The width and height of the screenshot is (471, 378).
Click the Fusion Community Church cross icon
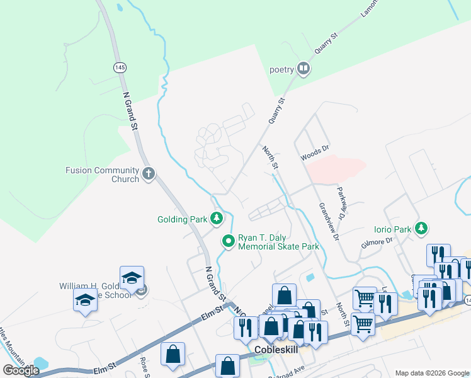tap(149, 174)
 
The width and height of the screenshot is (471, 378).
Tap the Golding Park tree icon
tap(217, 219)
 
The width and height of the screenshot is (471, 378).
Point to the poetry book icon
tap(304, 69)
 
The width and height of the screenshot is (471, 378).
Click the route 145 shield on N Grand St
tap(119, 67)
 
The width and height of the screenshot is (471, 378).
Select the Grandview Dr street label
tap(329, 221)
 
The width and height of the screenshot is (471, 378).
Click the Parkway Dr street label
tap(342, 202)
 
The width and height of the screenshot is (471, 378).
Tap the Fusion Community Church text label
tap(102, 175)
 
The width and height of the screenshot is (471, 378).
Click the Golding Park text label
tap(182, 220)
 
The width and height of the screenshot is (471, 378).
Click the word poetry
tap(282, 69)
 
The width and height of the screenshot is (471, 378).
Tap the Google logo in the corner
tap(21, 370)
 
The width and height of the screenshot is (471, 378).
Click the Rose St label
tap(144, 365)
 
